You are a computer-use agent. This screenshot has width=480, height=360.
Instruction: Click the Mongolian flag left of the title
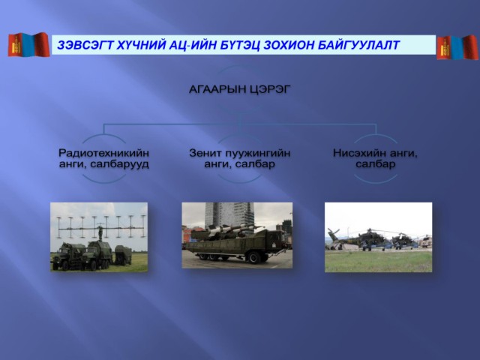28,45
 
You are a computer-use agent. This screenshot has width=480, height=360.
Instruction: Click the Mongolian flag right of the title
457,46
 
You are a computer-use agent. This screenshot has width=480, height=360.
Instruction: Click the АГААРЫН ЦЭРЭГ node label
240,89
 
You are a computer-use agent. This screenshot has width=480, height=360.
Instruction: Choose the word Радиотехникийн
103,152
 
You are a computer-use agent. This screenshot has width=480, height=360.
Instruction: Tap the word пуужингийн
259,153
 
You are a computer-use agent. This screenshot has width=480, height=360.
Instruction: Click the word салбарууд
120,164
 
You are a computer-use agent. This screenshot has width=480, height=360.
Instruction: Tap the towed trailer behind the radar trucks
123,254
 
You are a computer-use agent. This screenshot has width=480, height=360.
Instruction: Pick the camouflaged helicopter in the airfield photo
373,238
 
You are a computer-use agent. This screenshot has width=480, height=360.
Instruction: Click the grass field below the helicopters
378,261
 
